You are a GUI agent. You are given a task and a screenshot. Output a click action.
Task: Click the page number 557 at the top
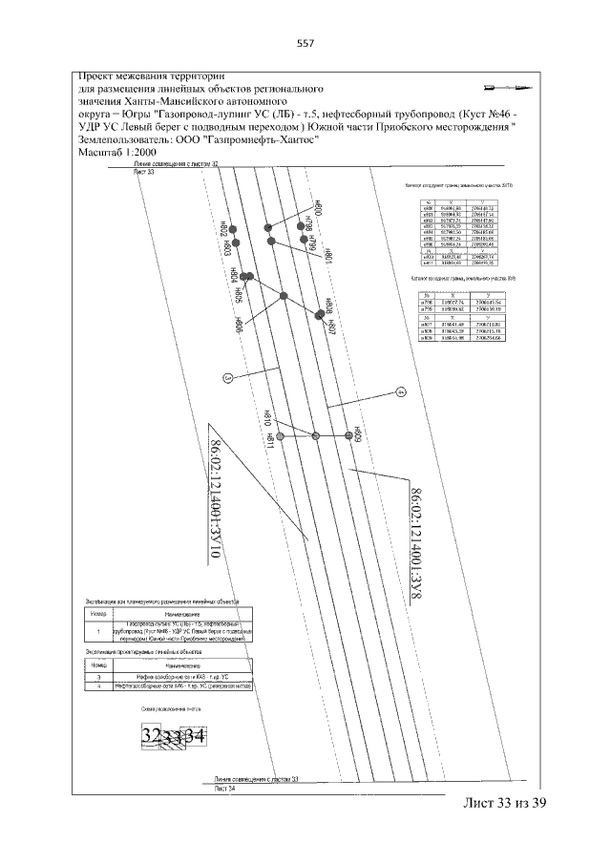305,43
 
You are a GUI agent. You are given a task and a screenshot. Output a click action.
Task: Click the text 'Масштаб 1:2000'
116,151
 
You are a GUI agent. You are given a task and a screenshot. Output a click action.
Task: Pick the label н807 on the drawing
331,328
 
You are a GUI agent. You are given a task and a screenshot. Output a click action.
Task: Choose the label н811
271,440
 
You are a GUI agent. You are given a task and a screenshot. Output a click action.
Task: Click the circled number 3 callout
227,377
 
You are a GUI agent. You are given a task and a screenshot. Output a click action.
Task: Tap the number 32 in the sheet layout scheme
151,736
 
